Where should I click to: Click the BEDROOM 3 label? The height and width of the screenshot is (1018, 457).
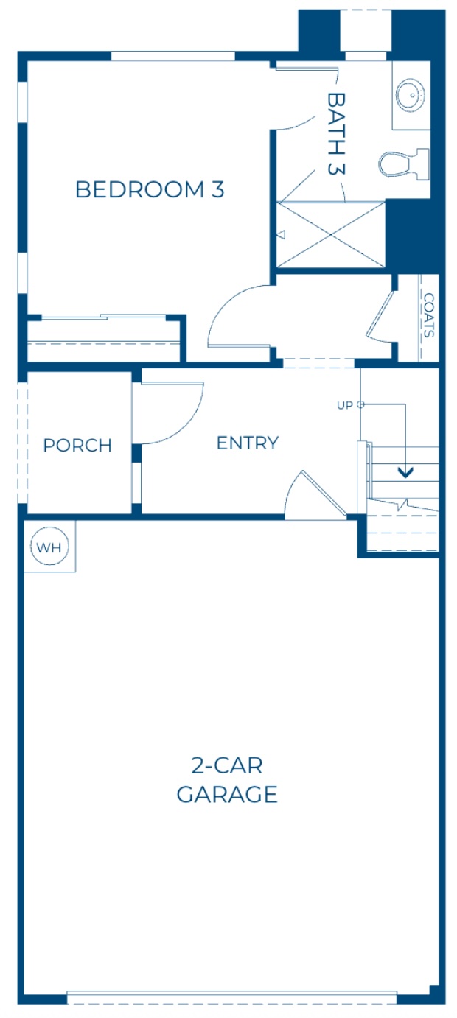tap(150, 189)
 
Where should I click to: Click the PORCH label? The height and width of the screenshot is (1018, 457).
tap(77, 446)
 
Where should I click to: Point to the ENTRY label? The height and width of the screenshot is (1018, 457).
tap(248, 443)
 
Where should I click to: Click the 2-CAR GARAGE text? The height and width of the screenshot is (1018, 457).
tap(227, 781)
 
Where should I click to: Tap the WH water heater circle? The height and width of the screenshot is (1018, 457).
tap(49, 547)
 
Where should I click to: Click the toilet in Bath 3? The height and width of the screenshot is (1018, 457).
tap(402, 163)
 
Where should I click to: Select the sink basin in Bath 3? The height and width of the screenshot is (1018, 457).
tap(409, 94)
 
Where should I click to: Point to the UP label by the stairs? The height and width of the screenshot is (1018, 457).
tap(344, 404)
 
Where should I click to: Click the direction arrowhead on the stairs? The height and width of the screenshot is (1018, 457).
tap(405, 471)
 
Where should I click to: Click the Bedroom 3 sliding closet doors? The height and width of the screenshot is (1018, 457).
tap(103, 318)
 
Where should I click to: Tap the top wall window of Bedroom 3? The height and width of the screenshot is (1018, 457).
tap(172, 56)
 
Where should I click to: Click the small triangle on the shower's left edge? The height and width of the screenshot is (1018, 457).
tap(281, 235)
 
